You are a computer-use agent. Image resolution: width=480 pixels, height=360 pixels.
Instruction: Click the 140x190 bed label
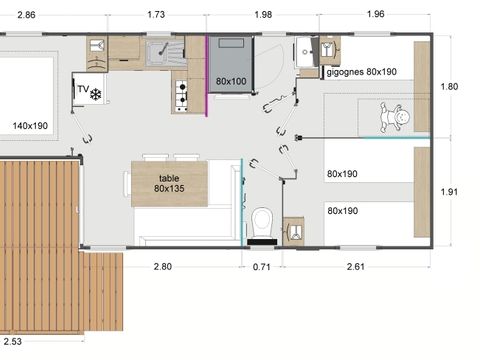point(31,126)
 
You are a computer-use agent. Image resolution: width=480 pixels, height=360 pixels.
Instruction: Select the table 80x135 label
point(170,183)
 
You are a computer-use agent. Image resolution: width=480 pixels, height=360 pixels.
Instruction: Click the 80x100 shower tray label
point(231,80)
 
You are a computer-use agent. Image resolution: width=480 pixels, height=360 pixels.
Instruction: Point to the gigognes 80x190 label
point(360,72)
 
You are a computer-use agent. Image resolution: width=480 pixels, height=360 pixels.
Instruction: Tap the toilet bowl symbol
point(262,221)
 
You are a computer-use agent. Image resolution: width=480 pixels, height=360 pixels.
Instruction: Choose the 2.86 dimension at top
point(27,16)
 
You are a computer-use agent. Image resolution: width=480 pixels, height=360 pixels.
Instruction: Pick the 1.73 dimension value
point(157,16)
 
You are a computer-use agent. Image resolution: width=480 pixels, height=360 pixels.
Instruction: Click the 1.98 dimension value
point(264,16)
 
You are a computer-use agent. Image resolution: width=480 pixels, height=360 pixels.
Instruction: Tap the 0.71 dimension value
point(262,266)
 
